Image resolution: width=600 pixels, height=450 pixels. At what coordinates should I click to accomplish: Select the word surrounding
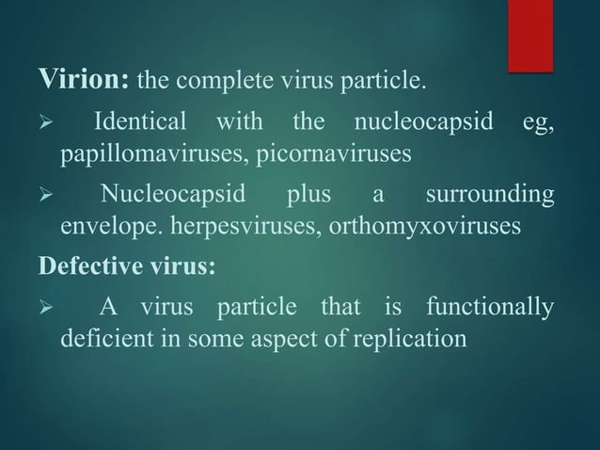coord(489,197)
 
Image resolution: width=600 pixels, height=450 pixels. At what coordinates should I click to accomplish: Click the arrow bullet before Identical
coord(43,124)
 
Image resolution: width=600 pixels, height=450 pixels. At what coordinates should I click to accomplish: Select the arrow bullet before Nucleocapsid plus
coord(43,198)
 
